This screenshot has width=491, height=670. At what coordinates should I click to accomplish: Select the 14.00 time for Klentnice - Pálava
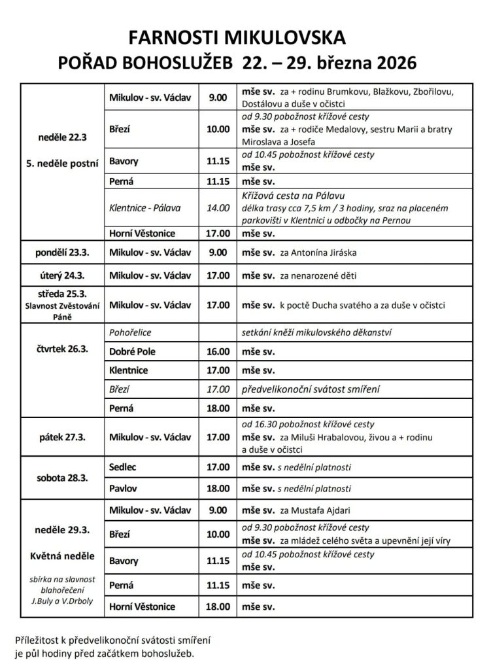(217, 208)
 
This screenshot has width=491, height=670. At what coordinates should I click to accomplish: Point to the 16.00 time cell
(217, 351)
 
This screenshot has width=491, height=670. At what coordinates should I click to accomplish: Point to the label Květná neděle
(62, 557)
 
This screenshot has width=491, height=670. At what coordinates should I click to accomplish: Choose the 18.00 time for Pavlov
(217, 488)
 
